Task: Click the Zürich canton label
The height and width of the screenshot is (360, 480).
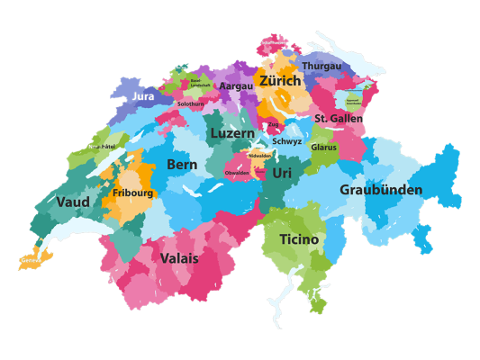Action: point(280,81)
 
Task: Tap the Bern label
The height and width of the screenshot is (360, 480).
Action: point(182,165)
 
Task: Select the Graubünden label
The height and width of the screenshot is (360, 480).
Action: point(380,190)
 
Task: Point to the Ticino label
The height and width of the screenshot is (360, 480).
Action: point(298,239)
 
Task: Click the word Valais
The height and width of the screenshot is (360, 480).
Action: point(180,258)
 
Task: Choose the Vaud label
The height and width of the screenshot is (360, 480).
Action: point(73,202)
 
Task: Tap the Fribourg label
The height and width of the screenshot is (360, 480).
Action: point(132,193)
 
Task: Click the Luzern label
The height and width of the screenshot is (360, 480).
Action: point(232,133)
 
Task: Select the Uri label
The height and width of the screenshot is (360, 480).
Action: point(282,172)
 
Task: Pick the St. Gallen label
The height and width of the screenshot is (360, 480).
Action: point(339,118)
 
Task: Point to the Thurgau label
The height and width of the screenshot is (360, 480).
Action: point(322,67)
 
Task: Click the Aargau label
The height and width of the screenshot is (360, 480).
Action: point(237,86)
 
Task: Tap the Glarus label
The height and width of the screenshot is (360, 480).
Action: point(323,147)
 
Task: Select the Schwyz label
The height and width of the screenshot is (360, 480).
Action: point(287,141)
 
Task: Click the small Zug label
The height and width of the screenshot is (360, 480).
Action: point(273,124)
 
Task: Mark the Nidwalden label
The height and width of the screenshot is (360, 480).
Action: point(259,156)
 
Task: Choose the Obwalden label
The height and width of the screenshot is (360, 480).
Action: point(237,172)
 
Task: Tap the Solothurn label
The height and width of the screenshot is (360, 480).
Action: point(190,103)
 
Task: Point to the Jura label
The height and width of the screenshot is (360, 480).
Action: point(143,95)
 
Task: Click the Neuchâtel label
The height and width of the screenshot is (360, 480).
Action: point(101,146)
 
